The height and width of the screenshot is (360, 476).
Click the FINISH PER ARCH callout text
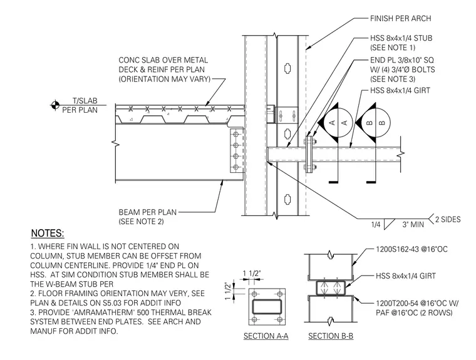tap(400, 19)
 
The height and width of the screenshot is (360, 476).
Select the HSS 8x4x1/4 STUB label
tap(401, 38)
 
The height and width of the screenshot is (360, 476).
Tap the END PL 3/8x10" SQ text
tap(402, 60)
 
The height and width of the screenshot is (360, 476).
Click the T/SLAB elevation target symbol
tap(55, 105)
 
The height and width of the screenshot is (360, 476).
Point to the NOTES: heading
tap(48, 234)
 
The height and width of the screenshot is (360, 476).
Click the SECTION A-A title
tap(266, 336)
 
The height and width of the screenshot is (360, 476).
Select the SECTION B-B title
tap(331, 336)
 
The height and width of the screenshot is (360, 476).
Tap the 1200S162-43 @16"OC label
tap(411, 250)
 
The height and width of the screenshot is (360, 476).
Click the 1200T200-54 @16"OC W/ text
tap(417, 303)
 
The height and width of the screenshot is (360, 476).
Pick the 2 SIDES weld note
tap(448, 219)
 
